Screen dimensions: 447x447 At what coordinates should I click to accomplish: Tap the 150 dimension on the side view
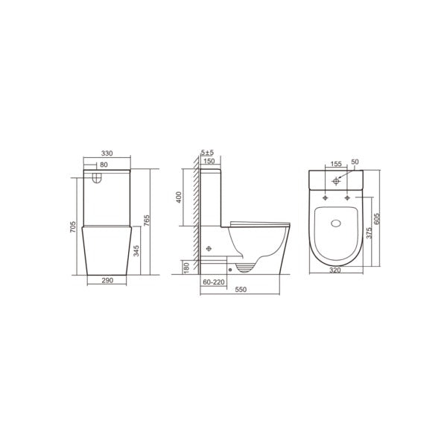pos(209,161)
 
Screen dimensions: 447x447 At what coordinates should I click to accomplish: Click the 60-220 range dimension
pos(214,282)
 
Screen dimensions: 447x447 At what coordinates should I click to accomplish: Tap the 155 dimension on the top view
pos(335,162)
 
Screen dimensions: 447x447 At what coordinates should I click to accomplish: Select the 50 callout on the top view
pos(355,162)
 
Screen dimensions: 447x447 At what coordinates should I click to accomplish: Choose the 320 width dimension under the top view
pos(335,271)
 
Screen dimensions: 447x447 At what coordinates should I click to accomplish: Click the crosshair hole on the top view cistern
pos(336,180)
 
